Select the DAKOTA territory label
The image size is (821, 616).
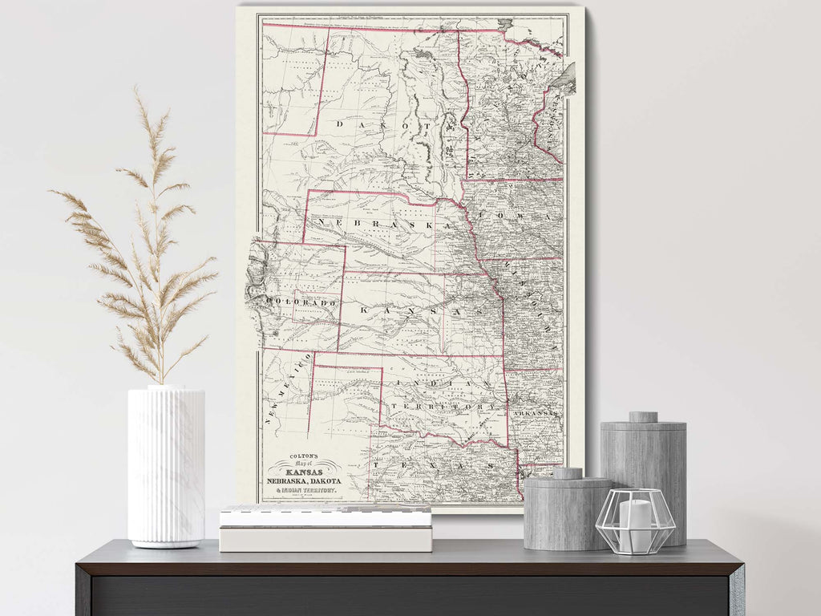(385, 125)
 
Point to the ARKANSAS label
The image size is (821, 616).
(536, 413)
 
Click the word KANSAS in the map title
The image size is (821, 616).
(305, 471)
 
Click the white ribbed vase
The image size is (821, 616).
(166, 465)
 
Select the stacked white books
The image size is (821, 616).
(326, 529)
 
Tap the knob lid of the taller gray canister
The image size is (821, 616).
(642, 417)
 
